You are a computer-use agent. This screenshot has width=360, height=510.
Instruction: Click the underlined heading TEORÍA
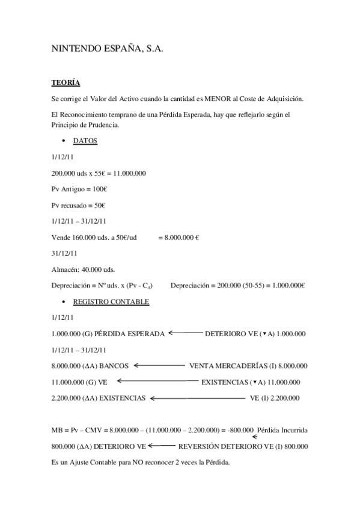pos(66,82)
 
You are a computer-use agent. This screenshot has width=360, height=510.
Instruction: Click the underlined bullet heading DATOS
pos(85,141)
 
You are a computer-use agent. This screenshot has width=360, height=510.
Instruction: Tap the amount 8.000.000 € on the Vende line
pos(178,238)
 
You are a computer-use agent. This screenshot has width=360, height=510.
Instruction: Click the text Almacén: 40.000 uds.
pos(84,269)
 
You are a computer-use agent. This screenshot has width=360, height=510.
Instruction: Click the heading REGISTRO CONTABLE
pos(111,301)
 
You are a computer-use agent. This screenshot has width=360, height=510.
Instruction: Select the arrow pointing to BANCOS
pos(159,365)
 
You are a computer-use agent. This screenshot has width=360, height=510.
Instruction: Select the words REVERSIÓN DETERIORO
pos(220,446)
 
